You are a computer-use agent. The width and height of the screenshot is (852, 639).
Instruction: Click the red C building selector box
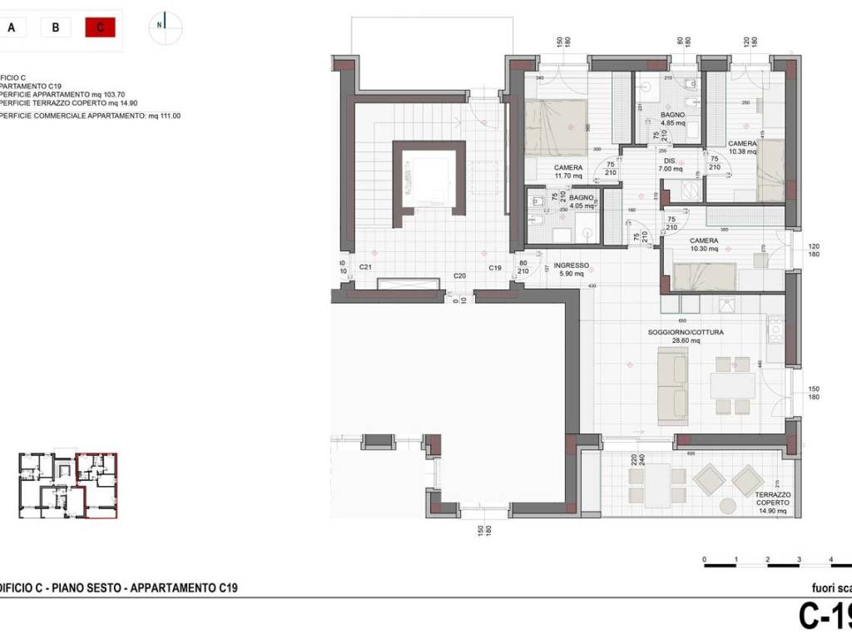(100, 27)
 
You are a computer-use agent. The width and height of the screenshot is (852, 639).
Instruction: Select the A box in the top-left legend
(12, 27)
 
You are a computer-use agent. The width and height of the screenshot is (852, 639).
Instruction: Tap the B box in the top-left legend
(55, 27)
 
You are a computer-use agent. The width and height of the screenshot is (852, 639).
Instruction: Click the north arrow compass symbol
(165, 25)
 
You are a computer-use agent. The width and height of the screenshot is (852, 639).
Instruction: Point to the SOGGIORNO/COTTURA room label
(686, 336)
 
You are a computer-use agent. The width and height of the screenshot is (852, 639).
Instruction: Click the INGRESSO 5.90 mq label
(572, 270)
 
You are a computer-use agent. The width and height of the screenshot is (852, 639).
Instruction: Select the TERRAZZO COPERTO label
(773, 503)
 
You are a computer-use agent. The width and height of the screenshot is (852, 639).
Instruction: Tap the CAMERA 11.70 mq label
(569, 171)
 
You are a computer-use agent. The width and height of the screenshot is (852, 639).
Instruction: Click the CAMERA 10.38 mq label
(742, 147)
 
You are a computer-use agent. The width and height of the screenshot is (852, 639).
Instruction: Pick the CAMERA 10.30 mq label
(703, 245)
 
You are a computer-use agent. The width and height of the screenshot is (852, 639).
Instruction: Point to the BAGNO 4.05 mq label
(582, 202)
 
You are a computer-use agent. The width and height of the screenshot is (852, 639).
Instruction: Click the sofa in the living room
(672, 386)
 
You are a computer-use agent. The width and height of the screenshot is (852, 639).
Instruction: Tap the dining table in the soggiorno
(732, 385)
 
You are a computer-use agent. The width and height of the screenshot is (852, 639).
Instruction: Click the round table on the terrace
(728, 505)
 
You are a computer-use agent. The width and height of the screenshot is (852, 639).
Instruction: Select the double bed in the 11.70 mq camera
(556, 127)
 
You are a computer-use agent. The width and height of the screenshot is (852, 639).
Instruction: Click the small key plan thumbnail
(68, 485)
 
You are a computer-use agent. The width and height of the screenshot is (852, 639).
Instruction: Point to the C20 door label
(459, 276)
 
